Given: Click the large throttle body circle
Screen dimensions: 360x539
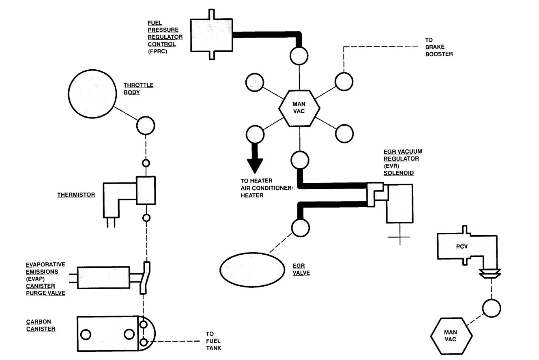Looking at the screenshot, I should click(x=93, y=94).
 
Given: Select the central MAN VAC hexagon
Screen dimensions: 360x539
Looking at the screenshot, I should click(x=300, y=108).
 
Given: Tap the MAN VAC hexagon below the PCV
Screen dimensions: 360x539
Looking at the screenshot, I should click(x=451, y=336).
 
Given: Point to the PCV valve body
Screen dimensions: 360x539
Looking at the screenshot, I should click(x=458, y=246).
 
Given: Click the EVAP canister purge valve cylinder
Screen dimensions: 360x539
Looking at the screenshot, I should click(x=103, y=278).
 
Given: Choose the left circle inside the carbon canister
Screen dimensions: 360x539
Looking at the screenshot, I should click(x=86, y=334).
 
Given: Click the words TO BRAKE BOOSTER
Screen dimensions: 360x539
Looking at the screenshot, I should click(x=438, y=47).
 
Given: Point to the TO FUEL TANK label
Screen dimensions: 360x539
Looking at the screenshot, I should click(x=213, y=341).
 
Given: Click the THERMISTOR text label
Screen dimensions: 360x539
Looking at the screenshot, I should click(x=76, y=195).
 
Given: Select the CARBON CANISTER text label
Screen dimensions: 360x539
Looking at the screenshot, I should click(x=41, y=325).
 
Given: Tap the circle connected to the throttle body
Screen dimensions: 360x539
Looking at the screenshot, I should click(x=145, y=126).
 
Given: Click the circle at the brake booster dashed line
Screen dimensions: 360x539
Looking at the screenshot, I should click(x=344, y=81).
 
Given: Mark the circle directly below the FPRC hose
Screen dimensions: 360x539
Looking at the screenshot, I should click(x=300, y=54).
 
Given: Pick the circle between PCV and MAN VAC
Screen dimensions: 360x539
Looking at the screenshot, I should click(x=492, y=309).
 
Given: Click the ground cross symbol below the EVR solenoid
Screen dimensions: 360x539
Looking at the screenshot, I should click(x=399, y=236).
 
